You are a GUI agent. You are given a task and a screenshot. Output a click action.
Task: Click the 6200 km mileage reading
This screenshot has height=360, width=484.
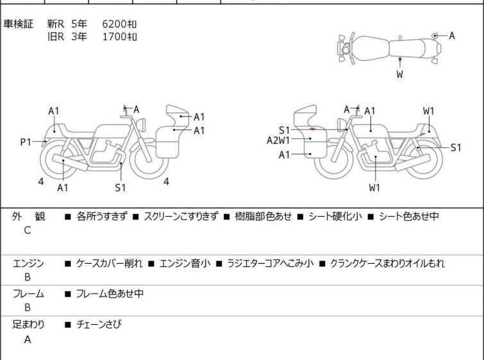(119, 24)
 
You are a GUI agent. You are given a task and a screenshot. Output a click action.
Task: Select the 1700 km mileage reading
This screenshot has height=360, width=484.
(119, 37)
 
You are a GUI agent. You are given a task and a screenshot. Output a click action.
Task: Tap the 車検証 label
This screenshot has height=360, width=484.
(18, 24)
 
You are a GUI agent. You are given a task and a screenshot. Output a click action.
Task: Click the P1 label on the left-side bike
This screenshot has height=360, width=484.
(26, 142)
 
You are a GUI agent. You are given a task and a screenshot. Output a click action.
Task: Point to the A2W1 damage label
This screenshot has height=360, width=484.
(278, 141)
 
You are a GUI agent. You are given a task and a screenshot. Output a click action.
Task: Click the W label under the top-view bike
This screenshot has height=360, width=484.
(400, 74)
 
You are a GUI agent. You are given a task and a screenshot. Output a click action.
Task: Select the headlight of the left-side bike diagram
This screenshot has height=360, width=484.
(141, 124)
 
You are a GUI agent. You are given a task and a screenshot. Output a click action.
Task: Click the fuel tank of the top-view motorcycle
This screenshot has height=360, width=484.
(371, 49)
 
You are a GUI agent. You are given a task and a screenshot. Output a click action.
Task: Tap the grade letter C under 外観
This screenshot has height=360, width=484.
(28, 230)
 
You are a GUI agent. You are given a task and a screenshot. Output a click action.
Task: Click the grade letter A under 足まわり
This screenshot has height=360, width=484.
(28, 339)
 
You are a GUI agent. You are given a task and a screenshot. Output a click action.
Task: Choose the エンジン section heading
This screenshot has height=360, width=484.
(28, 264)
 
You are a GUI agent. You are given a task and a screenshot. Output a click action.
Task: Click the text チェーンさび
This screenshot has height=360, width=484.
(99, 324)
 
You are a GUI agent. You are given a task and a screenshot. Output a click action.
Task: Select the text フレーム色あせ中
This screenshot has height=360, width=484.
(110, 293)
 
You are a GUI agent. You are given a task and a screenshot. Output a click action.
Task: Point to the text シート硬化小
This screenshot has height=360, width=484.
(335, 216)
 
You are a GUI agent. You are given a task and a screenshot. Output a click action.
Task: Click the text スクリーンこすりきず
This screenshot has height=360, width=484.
(181, 216)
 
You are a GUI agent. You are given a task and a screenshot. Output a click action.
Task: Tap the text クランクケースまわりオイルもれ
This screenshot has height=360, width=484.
(387, 264)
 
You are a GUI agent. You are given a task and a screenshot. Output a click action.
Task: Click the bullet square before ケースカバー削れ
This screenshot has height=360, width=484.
(67, 264)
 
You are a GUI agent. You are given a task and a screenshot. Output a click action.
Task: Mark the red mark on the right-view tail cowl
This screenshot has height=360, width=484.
(422, 134)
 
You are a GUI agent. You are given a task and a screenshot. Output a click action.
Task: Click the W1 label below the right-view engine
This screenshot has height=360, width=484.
(374, 187)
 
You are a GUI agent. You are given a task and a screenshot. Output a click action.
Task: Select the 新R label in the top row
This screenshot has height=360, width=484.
(56, 24)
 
